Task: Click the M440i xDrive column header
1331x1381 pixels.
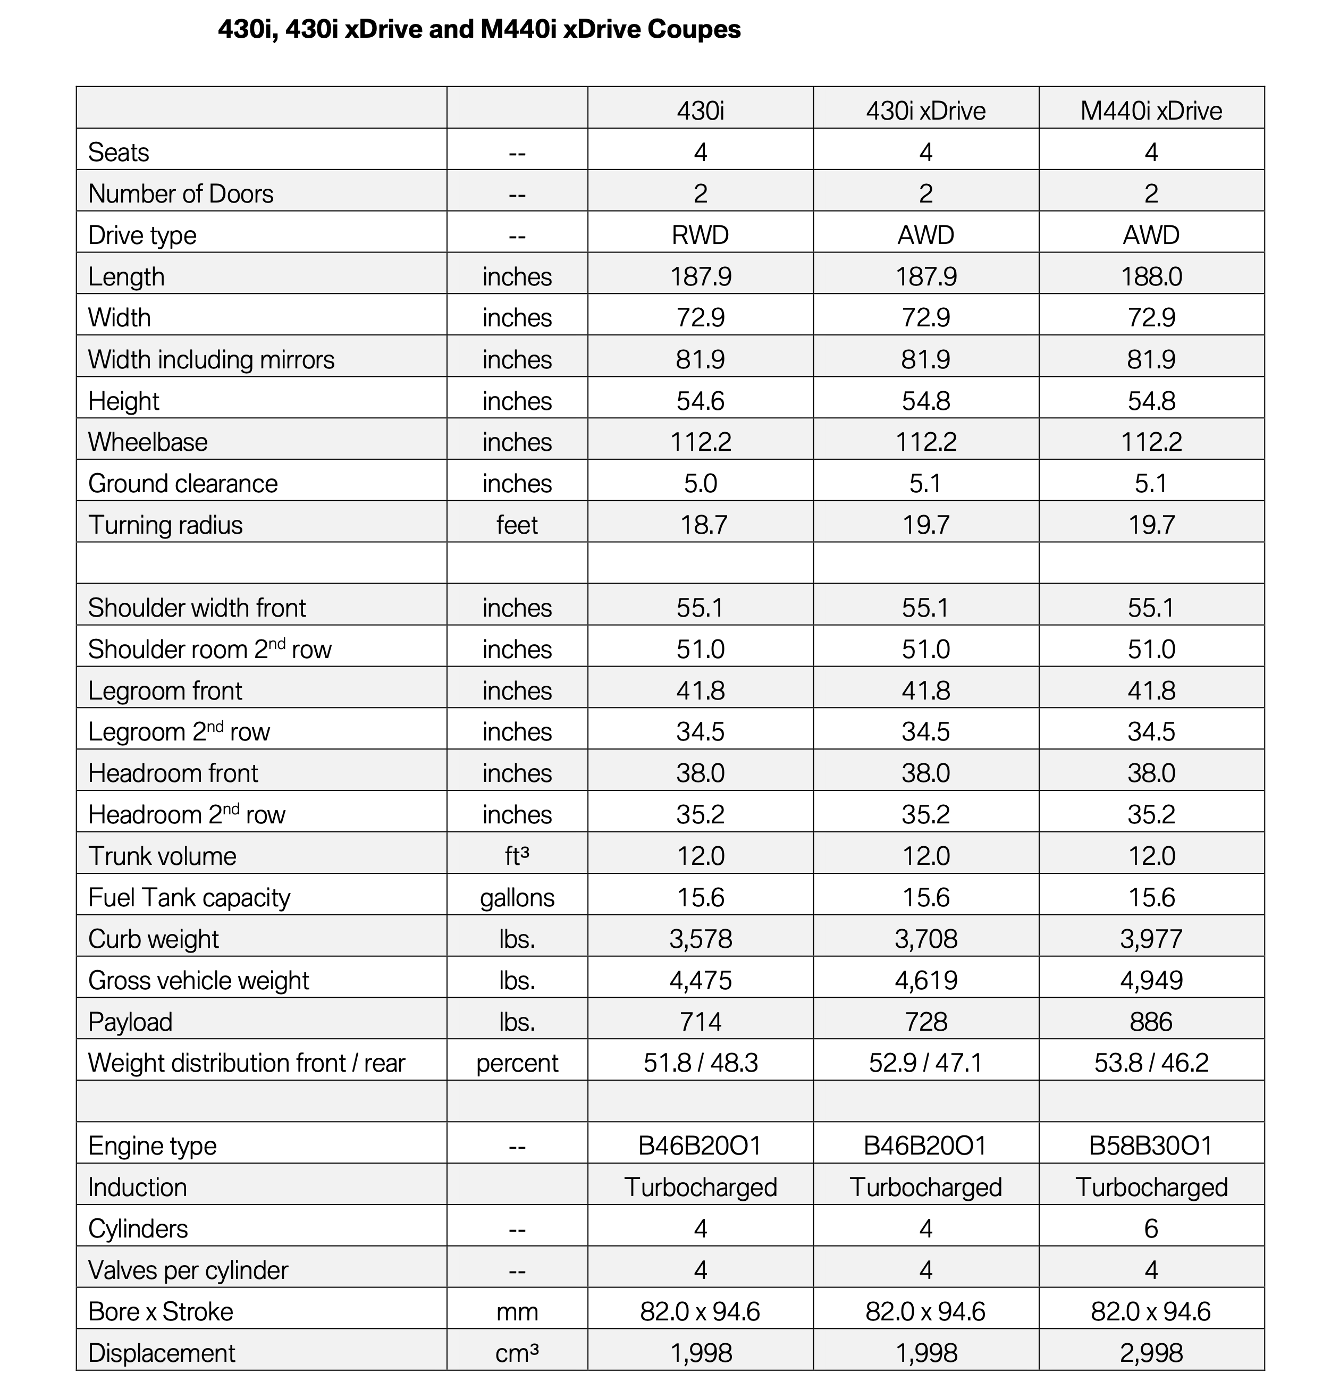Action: tap(1151, 111)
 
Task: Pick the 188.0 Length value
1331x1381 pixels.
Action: tap(1151, 276)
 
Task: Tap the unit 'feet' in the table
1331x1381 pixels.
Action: tap(517, 525)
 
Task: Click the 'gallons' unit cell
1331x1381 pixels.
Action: tap(517, 898)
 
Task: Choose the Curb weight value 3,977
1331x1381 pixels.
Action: tap(1151, 939)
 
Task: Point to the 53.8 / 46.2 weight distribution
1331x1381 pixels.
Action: tap(1151, 1063)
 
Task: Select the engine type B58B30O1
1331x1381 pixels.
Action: tap(1151, 1146)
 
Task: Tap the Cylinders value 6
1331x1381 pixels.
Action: tap(1151, 1229)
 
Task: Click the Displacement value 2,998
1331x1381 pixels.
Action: tap(1151, 1353)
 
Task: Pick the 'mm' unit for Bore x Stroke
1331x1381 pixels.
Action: tap(517, 1312)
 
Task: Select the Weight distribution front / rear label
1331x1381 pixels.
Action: tap(246, 1063)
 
